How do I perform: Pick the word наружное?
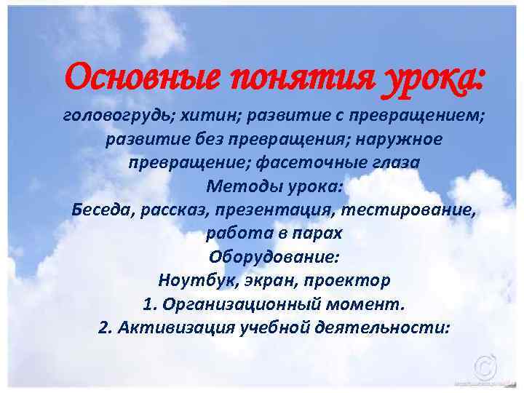(x=398, y=139)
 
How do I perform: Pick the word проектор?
(x=352, y=279)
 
